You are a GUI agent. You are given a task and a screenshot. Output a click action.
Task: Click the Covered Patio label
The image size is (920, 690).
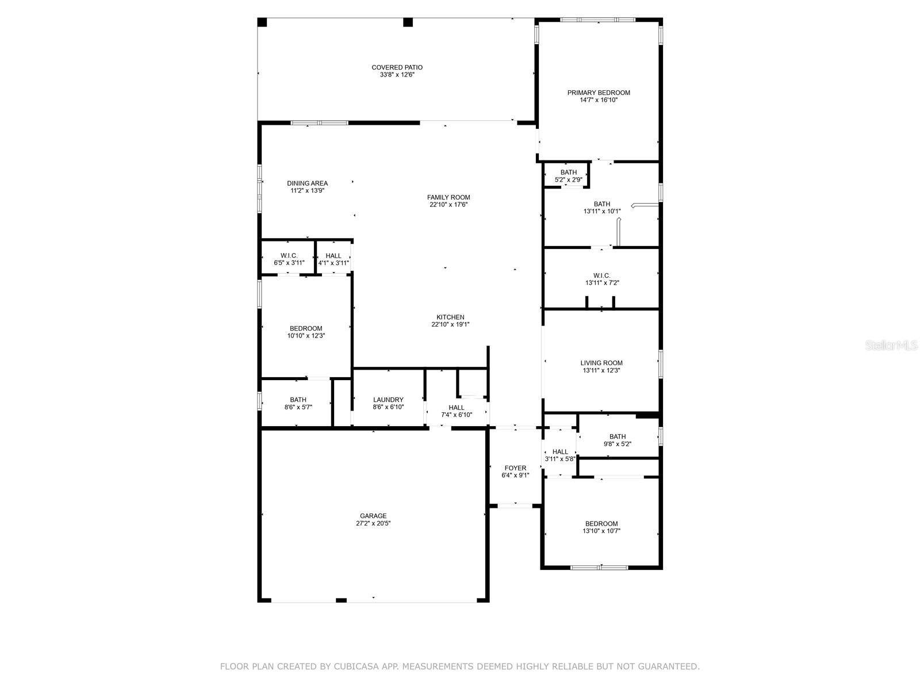(397, 67)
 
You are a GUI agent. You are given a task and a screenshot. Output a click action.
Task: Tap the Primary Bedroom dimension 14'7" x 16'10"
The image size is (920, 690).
(599, 100)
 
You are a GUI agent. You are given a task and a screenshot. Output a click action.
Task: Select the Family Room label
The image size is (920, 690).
(448, 197)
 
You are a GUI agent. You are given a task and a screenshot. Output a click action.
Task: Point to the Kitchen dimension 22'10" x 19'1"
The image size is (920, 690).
(450, 324)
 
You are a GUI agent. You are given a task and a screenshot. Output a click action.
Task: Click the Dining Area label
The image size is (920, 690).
(307, 183)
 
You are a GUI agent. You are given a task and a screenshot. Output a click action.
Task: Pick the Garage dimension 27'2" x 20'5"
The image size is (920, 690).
(373, 523)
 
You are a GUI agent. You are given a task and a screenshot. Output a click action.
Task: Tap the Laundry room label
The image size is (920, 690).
(388, 400)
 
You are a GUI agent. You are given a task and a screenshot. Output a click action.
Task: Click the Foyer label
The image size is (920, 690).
(515, 468)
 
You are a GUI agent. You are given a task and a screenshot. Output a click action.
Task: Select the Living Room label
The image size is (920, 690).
(601, 363)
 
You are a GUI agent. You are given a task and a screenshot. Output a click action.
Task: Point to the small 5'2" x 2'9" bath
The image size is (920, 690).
(568, 176)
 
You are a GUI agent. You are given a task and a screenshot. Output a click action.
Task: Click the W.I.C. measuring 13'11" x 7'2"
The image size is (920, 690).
(601, 279)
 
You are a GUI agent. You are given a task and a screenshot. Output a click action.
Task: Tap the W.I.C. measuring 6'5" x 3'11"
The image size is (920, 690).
(289, 259)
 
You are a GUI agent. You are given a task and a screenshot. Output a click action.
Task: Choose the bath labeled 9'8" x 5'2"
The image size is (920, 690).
(618, 440)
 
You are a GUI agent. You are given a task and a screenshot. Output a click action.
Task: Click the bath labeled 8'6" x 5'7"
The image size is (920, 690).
(298, 403)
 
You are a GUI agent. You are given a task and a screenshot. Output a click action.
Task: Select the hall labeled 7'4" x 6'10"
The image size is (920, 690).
(457, 411)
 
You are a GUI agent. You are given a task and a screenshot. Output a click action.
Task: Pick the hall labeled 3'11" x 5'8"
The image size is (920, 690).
(560, 455)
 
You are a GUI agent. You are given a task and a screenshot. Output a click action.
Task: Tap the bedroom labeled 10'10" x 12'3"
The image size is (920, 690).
(306, 332)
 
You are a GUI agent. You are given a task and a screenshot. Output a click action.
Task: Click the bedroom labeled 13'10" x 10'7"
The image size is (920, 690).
(601, 527)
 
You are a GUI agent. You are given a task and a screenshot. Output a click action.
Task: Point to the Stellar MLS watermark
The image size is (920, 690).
(892, 345)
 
